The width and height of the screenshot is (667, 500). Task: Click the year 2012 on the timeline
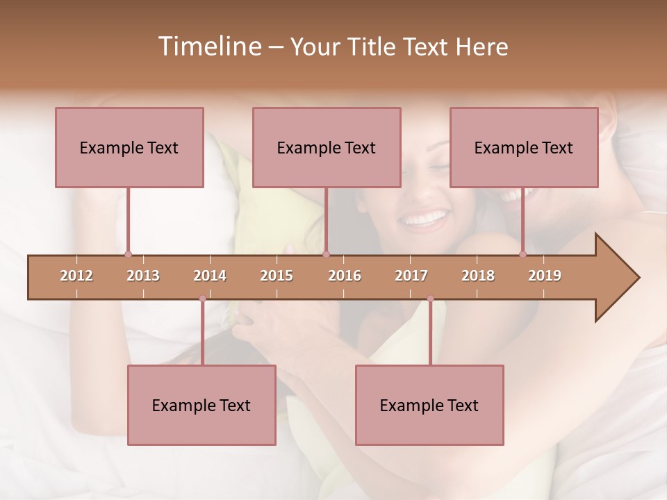[x=76, y=276]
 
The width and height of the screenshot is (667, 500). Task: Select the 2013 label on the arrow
[x=143, y=276]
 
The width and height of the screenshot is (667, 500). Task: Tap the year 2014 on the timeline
[x=210, y=276]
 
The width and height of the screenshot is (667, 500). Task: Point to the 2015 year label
[x=277, y=276]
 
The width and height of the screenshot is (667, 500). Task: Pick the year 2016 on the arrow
[x=345, y=276]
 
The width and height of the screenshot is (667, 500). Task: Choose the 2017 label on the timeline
[x=411, y=276]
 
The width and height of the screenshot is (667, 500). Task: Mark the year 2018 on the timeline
[x=478, y=276]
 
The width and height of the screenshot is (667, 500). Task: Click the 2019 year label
[x=545, y=276]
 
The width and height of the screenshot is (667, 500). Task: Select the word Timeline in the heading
[x=208, y=47]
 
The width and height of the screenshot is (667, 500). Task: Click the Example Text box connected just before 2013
[x=129, y=147]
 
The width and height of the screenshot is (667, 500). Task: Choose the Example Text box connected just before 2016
[x=327, y=147]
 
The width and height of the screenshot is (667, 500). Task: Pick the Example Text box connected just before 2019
[x=524, y=147]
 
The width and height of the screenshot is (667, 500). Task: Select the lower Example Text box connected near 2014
[x=201, y=405]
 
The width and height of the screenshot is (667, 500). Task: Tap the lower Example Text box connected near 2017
[x=429, y=405]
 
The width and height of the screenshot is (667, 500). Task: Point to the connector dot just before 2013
[x=128, y=254]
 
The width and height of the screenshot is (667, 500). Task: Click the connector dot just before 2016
[x=327, y=254]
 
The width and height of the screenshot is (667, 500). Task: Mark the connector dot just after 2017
[x=430, y=299]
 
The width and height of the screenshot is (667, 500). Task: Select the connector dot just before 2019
[x=523, y=254]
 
